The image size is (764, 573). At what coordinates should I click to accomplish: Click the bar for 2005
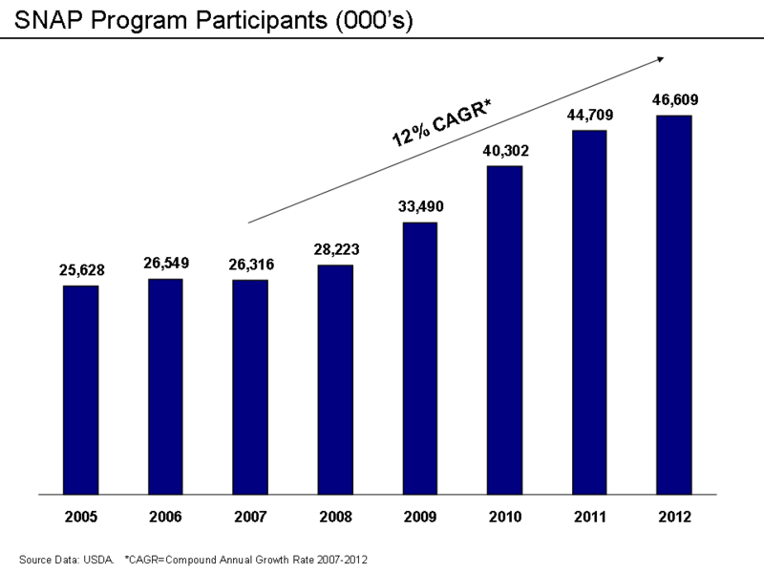[x=80, y=390]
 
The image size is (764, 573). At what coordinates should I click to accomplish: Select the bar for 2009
[x=419, y=358]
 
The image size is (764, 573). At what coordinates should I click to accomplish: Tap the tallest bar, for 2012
[x=673, y=305]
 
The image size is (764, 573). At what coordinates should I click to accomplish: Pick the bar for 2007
[x=250, y=388]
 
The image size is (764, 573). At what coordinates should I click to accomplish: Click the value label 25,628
[x=80, y=270]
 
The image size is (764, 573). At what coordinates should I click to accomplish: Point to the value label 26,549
[x=165, y=264]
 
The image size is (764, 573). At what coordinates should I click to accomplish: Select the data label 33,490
[x=419, y=207]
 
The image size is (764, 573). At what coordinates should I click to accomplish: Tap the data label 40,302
[x=504, y=151]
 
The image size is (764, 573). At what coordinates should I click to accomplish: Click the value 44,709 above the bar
[x=589, y=116]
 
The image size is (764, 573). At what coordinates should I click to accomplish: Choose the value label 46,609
[x=673, y=99]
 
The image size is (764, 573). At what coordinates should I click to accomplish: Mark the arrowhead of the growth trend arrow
[x=660, y=59]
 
